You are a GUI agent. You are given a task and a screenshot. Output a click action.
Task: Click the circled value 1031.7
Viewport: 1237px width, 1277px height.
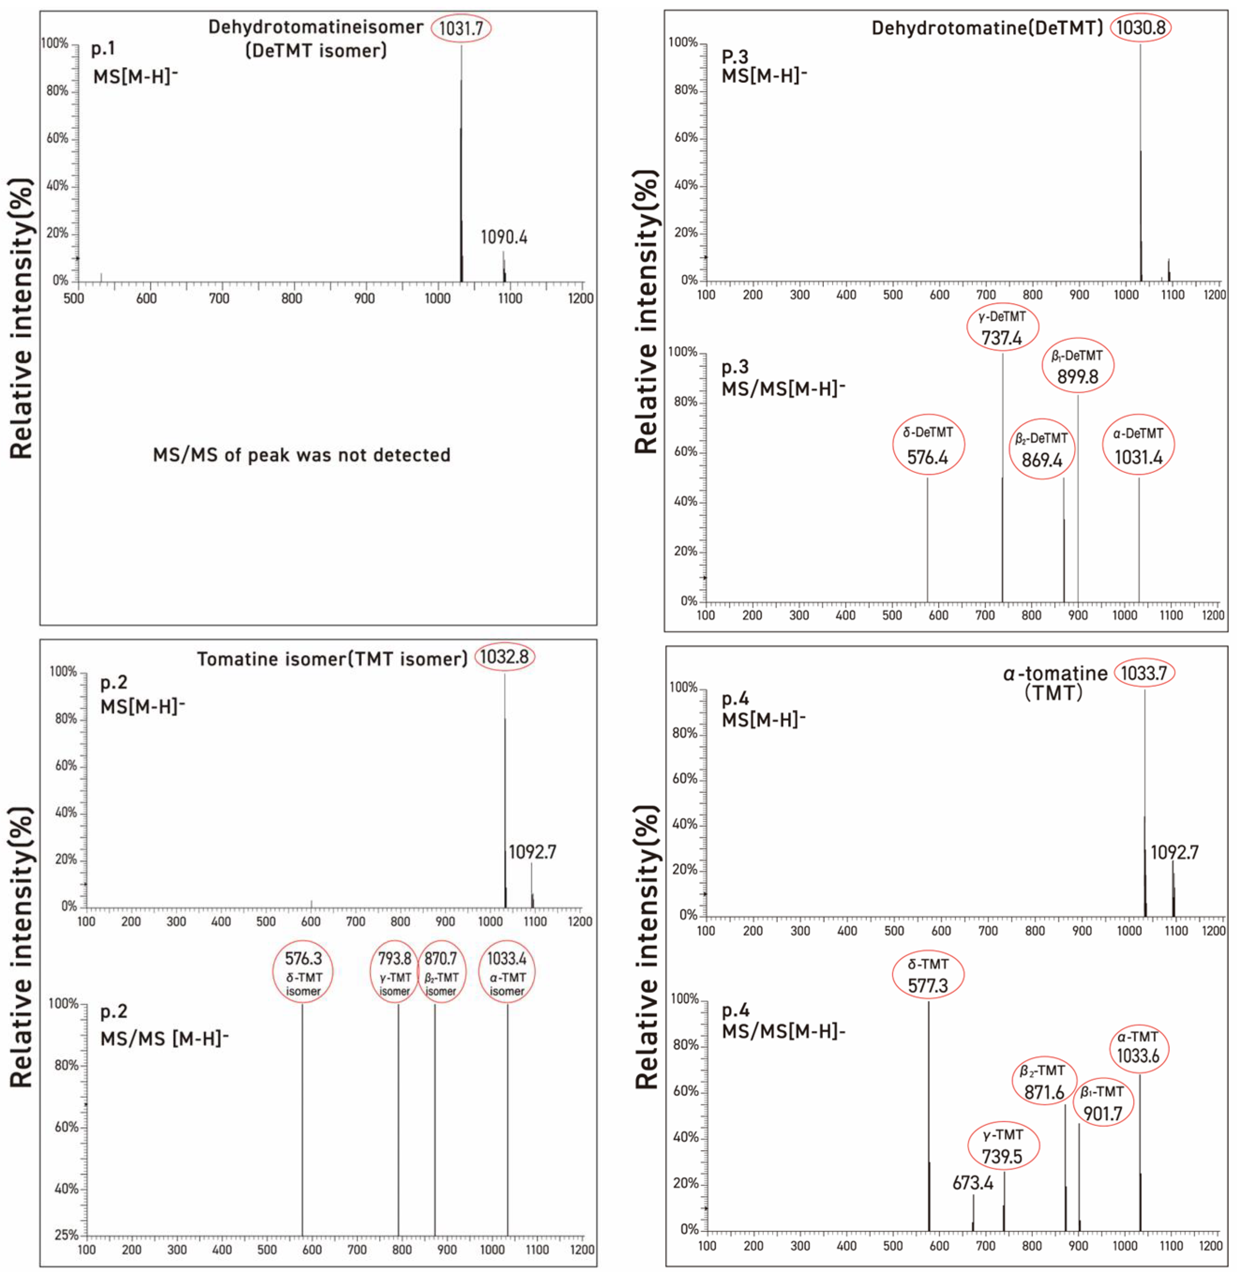point(460,28)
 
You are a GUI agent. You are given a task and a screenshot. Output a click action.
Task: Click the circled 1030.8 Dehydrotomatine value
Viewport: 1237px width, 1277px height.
point(1140,28)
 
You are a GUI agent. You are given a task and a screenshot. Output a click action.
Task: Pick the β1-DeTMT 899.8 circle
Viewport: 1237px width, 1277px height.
point(1077,366)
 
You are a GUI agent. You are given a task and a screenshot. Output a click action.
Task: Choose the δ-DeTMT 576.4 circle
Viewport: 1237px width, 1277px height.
point(927,445)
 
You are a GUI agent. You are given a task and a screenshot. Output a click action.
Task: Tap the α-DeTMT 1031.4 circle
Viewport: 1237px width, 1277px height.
point(1138,446)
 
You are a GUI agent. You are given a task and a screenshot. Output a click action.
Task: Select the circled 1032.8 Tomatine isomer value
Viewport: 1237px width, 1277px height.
point(504,657)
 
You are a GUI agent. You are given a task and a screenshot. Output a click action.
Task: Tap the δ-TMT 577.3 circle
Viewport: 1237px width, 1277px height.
point(927,975)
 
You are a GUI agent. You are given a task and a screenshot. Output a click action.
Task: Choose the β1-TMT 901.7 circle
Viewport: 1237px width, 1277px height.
point(1102,1103)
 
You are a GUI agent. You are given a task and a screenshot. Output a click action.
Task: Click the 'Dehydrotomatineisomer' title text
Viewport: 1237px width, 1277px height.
point(315,27)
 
